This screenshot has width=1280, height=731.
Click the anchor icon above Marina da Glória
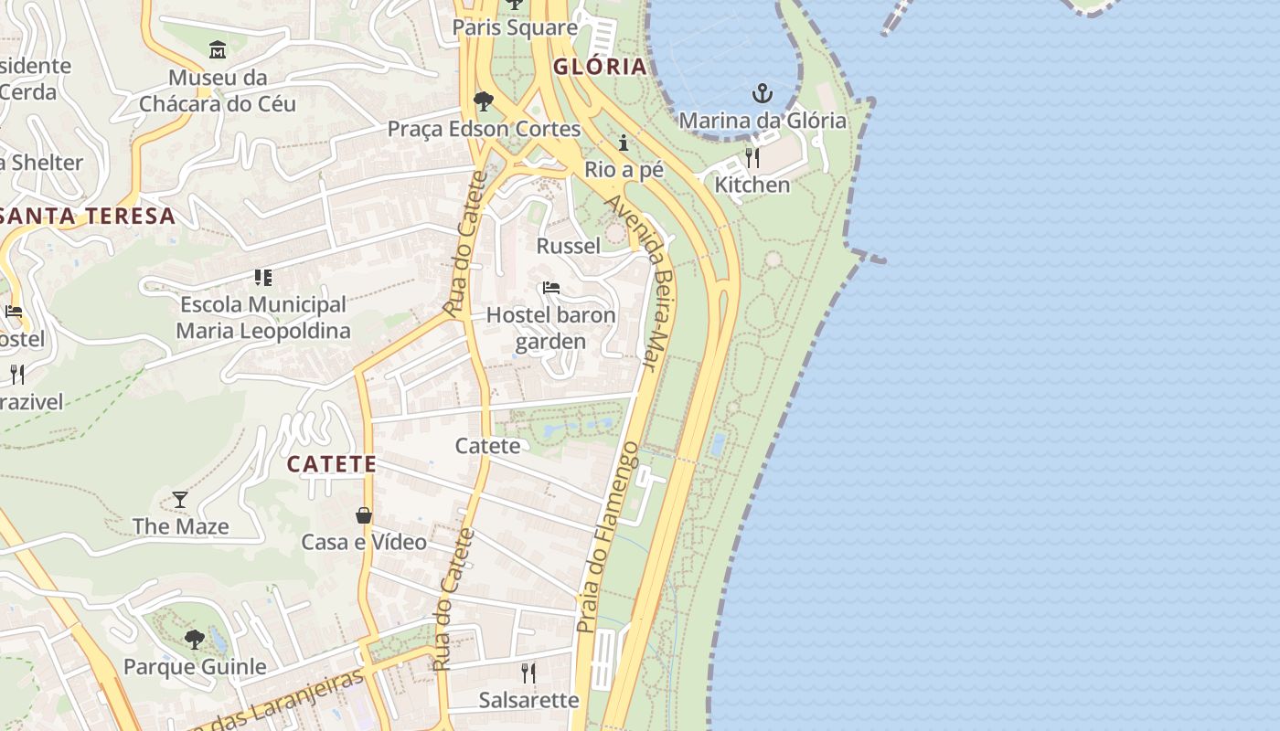tap(762, 93)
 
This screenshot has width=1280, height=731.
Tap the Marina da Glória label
tap(762, 121)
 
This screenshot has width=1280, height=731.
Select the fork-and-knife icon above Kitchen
tap(752, 158)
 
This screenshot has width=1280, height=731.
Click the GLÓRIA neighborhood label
tap(600, 66)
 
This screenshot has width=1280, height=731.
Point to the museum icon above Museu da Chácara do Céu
tap(218, 49)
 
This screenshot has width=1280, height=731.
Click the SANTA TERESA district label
tap(88, 217)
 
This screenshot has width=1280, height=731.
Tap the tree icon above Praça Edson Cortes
tap(484, 101)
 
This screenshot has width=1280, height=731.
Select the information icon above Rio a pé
tap(624, 143)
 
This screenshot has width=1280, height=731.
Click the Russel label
tap(569, 246)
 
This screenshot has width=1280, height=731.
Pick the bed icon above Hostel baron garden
tap(550, 288)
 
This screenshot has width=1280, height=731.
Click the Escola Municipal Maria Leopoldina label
tap(263, 317)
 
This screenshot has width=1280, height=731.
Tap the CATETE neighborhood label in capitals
tap(332, 464)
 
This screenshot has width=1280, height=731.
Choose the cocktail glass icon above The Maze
tap(180, 500)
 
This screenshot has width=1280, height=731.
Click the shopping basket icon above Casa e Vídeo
tap(364, 516)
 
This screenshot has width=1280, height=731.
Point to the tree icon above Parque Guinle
tap(194, 639)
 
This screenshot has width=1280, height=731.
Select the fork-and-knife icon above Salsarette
tap(528, 673)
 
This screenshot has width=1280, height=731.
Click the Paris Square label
tap(515, 27)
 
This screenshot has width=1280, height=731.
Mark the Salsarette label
tap(529, 701)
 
